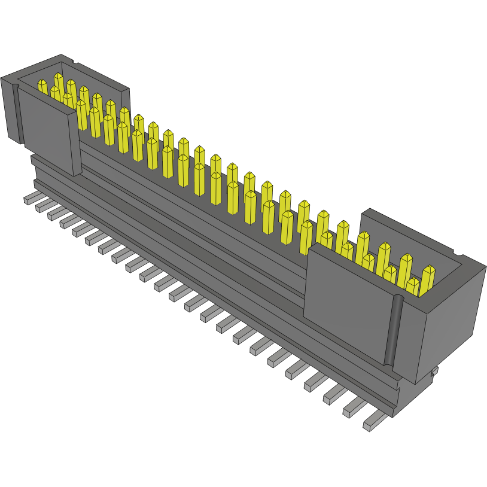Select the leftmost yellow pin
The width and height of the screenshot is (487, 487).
tap(42, 87)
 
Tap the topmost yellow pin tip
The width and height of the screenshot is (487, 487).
tap(59, 78)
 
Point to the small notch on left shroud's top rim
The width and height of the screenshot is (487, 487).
tap(73, 62)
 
